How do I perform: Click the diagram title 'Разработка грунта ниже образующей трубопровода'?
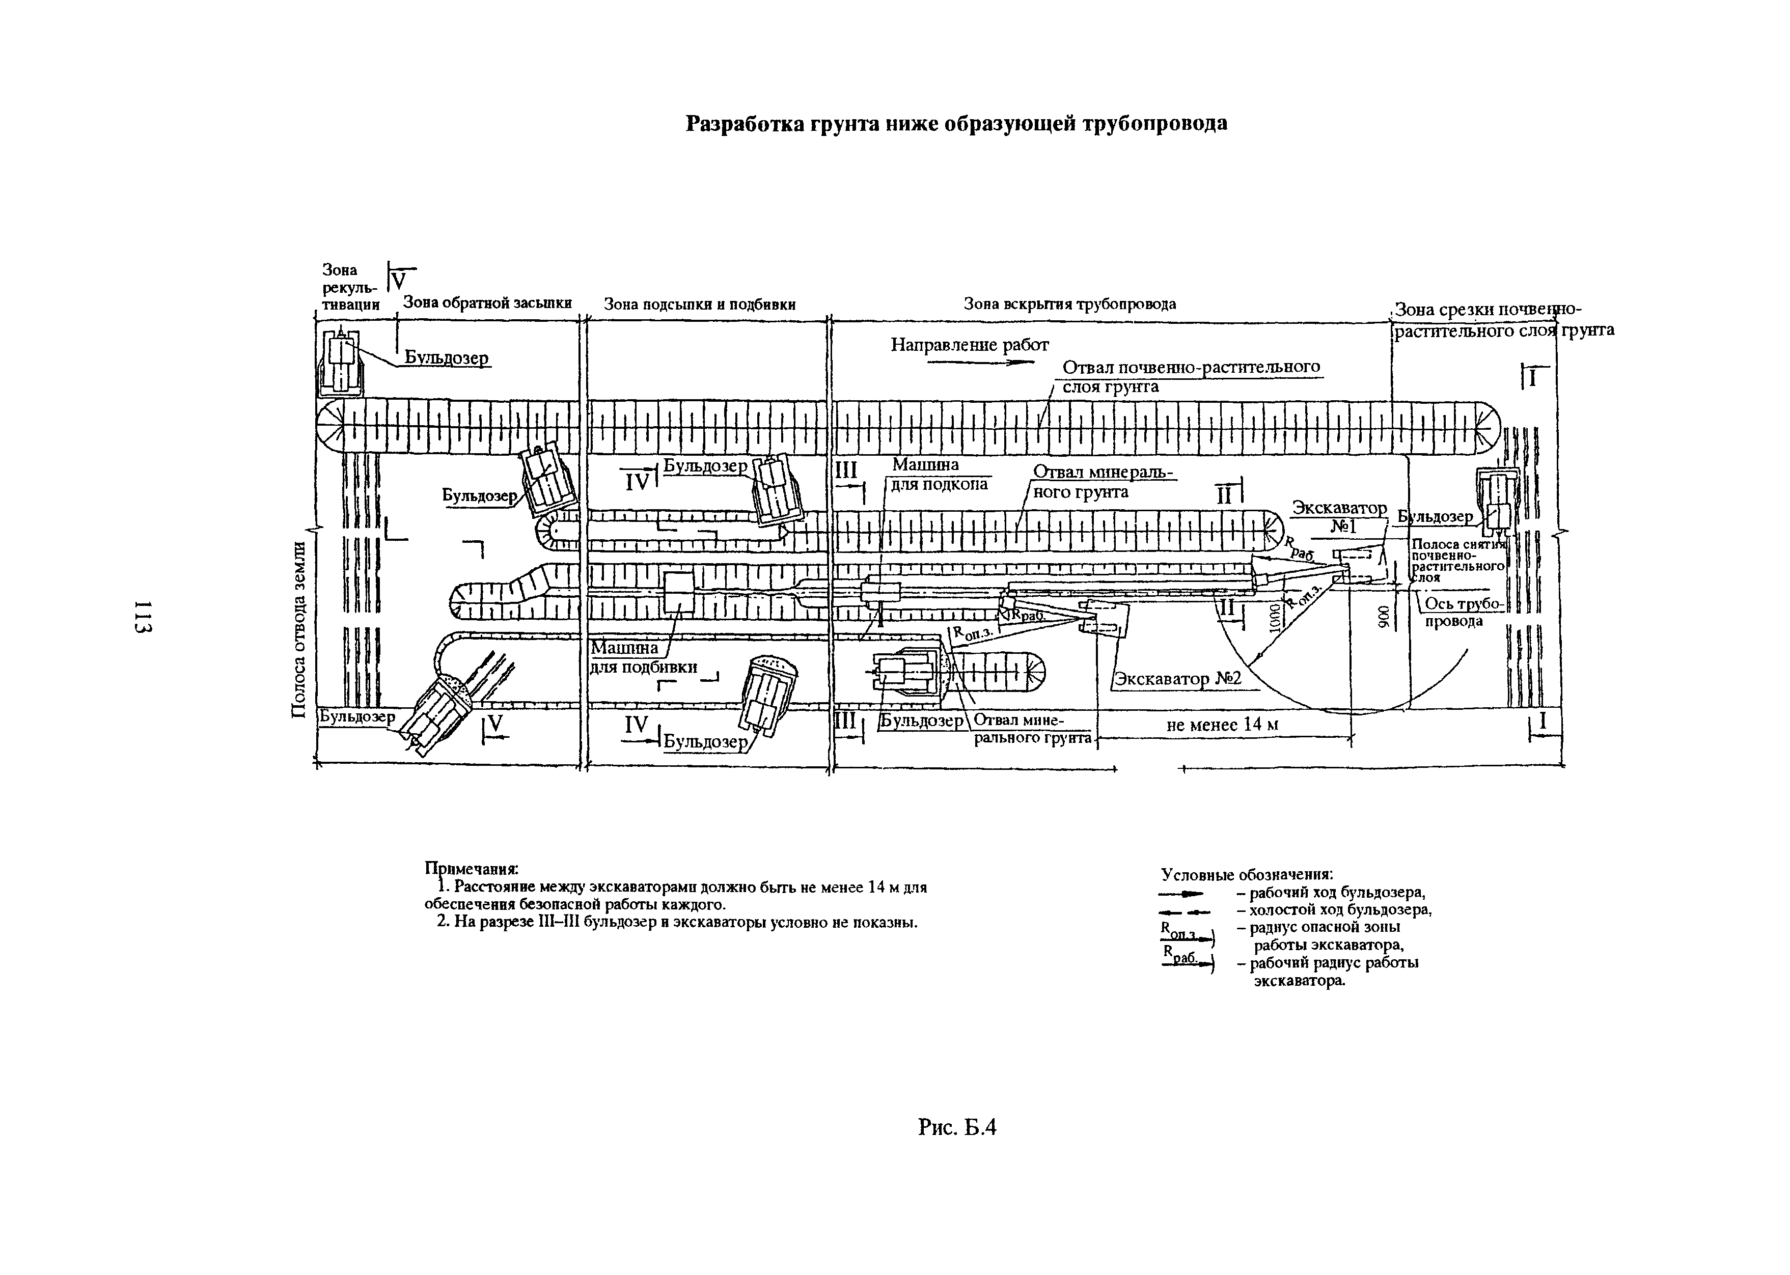(x=956, y=124)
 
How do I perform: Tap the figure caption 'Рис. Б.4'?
(x=957, y=1127)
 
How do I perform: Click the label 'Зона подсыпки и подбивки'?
(x=700, y=304)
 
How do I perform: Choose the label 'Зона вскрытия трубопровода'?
(x=1069, y=304)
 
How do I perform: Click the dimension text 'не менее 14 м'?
(x=1222, y=725)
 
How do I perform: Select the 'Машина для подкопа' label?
(x=938, y=474)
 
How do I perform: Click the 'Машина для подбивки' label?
(x=643, y=658)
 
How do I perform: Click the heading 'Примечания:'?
(x=472, y=869)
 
